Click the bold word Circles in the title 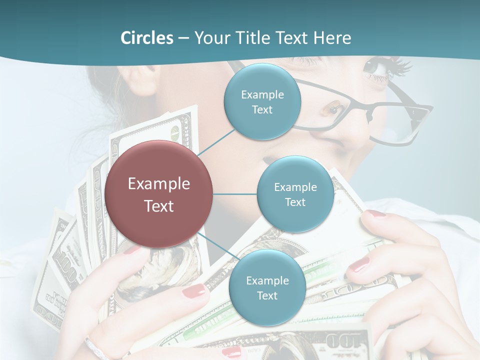[x=147, y=38]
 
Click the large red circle [x=159, y=194]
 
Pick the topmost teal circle [x=262, y=101]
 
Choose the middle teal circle [x=295, y=194]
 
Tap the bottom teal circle [x=267, y=287]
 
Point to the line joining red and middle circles [x=235, y=194]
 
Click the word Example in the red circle [x=159, y=183]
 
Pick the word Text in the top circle [x=262, y=109]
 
